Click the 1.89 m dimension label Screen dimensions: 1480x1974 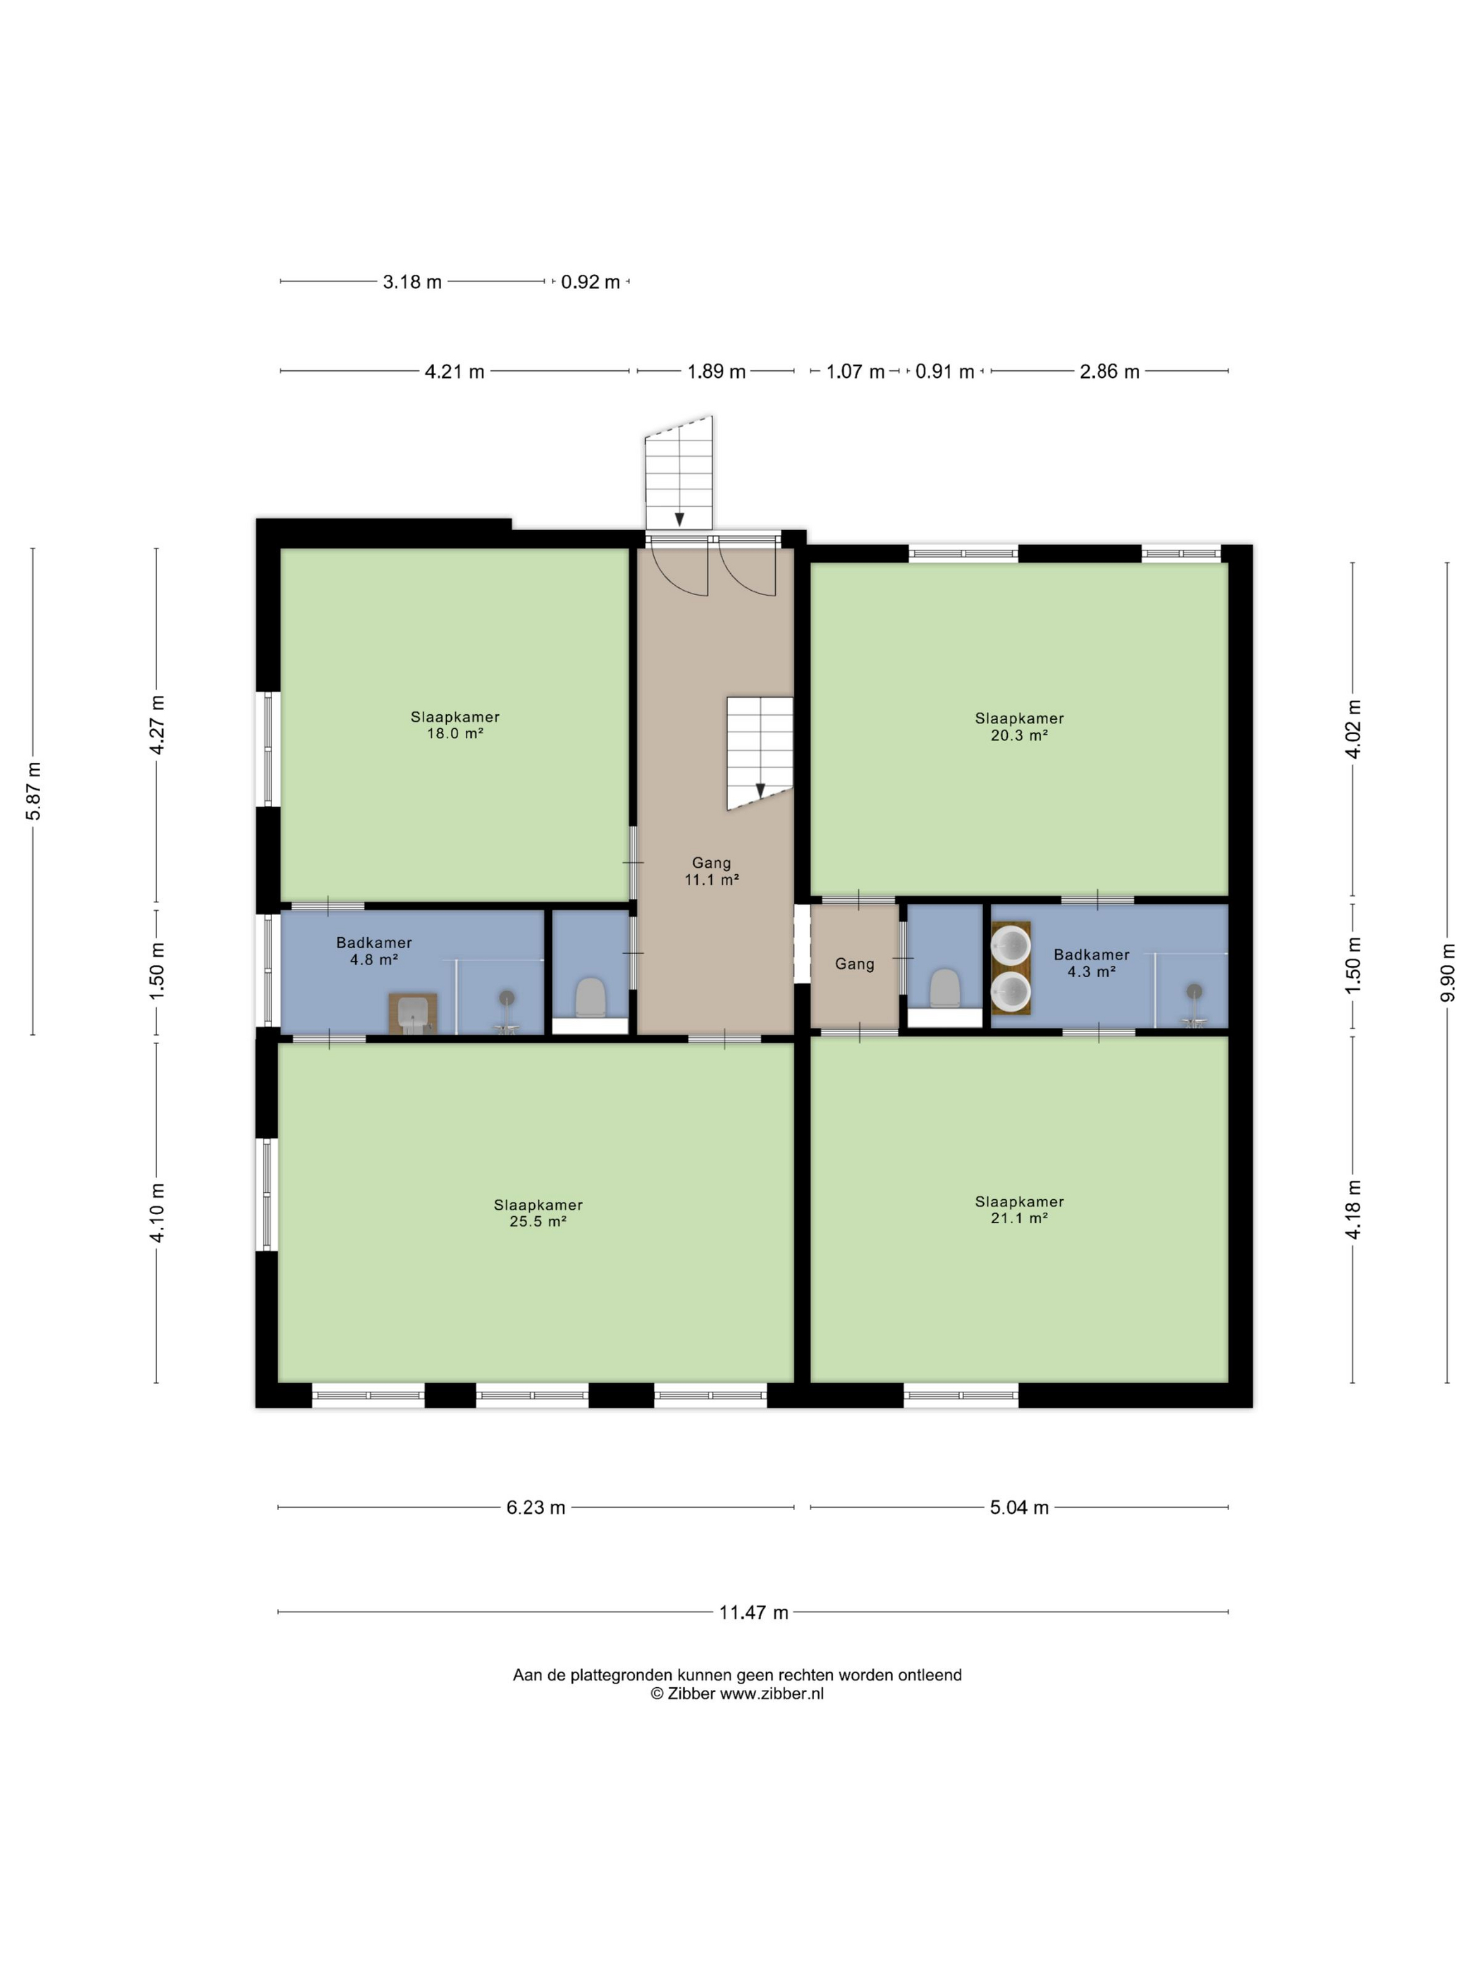point(715,372)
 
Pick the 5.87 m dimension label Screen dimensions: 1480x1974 point(33,791)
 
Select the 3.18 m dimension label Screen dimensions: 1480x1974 point(412,282)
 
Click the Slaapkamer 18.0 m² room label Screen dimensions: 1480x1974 point(455,725)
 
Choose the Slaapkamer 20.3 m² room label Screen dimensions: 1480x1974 point(1019,726)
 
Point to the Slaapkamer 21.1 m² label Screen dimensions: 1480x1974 point(1019,1209)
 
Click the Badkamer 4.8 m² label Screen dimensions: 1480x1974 point(374,950)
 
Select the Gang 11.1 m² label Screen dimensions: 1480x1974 point(711,871)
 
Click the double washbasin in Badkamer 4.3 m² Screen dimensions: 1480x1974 point(1011,968)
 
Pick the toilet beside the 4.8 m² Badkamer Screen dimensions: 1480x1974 point(590,997)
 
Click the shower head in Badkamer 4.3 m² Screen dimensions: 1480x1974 point(1194,991)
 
